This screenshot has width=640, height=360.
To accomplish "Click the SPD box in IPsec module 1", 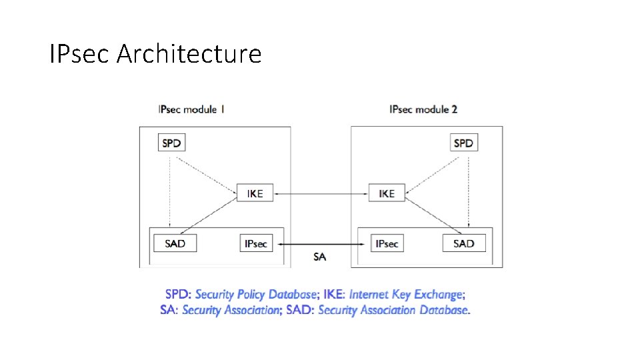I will pos(172,143).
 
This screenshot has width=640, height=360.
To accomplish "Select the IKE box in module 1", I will pos(255,193).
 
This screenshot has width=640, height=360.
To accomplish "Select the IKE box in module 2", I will pos(387,193).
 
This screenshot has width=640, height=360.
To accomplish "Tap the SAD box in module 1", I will pos(175,243).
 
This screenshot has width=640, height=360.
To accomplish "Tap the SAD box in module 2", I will pos(463,243).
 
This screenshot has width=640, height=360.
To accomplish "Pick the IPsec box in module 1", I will pos(256,243).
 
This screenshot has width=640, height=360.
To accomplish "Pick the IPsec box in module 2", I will pos(387,243).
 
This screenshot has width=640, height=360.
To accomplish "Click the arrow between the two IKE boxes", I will pos(321,194).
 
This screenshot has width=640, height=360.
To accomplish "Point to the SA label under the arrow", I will pos(320,257).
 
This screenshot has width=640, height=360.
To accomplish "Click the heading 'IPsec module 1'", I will pos(191,109).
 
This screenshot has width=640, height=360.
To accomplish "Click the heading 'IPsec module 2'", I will pos(423,109).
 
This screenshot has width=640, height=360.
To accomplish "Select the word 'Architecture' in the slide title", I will pos(189,54).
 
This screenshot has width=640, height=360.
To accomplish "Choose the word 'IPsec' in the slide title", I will pos(80,54).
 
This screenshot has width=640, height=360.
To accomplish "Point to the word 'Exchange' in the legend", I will pos(439,295).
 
